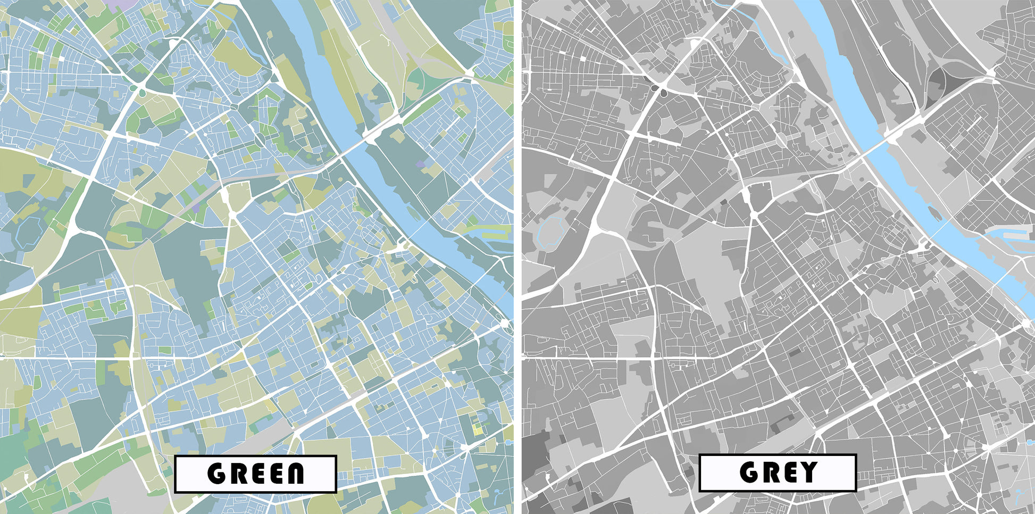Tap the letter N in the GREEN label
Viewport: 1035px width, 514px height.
(x=294, y=474)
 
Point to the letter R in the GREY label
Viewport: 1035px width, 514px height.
(x=768, y=472)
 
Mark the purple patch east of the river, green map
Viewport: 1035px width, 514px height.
(x=421, y=165)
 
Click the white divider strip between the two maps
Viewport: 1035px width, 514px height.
(x=517, y=255)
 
